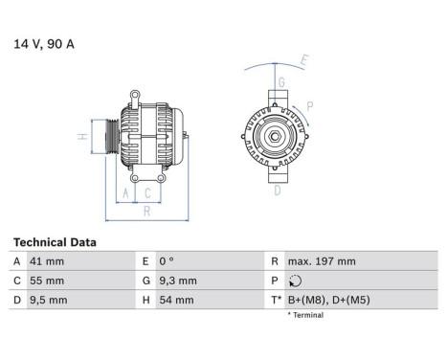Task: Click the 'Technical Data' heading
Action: (x=55, y=243)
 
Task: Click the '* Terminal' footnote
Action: (x=305, y=315)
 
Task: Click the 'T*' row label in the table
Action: (x=277, y=301)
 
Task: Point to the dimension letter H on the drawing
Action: (x=83, y=136)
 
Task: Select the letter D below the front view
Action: (x=277, y=190)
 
